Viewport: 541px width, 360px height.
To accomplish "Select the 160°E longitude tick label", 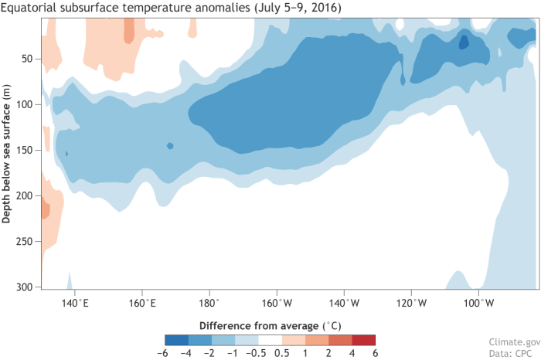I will pos(142,302).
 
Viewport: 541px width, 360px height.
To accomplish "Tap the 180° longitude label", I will pos(210,302).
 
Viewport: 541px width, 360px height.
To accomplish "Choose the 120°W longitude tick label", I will pos(412,302).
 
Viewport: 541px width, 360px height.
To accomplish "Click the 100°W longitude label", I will pos(479,302).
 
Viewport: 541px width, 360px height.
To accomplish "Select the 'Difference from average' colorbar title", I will pos(270,323).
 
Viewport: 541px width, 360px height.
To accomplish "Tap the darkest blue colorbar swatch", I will pos(177,339).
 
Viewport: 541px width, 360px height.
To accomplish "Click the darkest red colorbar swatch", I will pos(364,339).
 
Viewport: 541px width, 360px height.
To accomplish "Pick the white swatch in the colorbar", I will pos(270,339).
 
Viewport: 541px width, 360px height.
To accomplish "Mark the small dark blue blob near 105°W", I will pos(464,42).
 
